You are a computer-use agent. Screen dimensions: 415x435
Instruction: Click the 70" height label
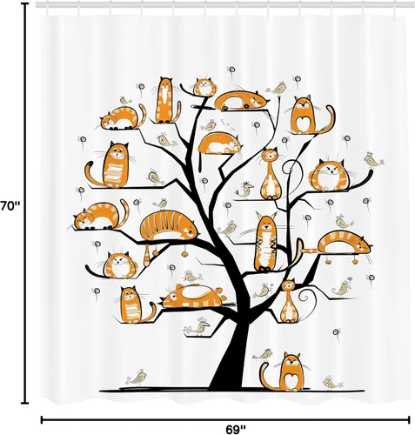10,206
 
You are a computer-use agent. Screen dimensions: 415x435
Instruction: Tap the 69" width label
236,430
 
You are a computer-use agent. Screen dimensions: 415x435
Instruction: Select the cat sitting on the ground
286,372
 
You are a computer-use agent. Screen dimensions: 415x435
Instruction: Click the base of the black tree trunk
228,383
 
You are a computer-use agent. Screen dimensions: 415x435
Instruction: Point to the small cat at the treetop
204,87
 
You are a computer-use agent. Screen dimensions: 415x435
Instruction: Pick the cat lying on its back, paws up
194,296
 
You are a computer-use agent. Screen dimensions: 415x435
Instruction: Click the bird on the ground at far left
137,378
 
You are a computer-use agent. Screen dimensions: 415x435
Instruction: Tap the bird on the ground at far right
332,383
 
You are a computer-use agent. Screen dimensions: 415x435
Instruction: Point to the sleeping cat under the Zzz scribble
220,144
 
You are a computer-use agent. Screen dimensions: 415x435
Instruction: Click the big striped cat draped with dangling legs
168,226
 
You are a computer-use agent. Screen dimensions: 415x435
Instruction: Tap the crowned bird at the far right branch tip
374,160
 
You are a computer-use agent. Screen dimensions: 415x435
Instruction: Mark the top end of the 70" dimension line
26,4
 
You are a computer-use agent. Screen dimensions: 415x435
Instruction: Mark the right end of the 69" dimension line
409,419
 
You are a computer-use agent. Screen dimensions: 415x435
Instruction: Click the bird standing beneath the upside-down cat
197,326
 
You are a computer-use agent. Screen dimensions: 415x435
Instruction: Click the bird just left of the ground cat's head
263,354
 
